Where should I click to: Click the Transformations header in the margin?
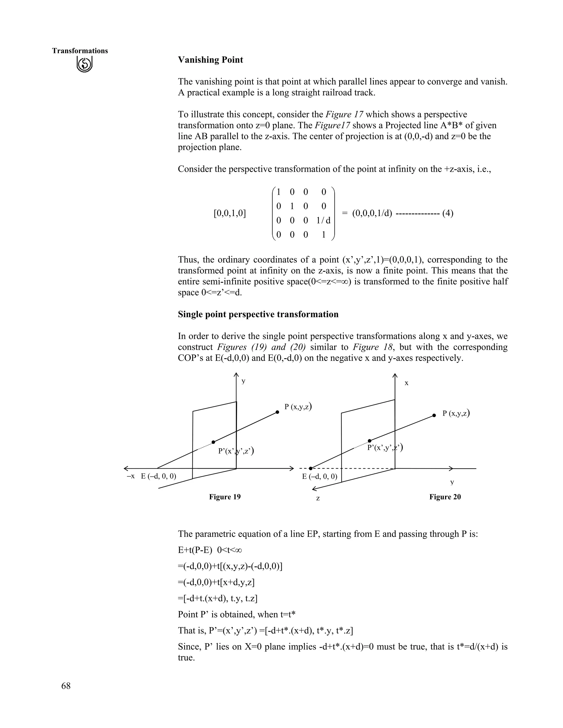point(80,51)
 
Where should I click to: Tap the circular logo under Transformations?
point(84,64)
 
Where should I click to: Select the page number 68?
point(66,686)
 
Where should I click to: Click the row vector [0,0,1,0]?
point(230,213)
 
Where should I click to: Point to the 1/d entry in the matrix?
point(323,220)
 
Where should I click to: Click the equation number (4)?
point(448,213)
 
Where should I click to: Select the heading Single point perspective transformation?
point(258,314)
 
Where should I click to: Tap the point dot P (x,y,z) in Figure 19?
point(277,412)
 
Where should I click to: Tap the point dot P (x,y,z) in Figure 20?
point(434,415)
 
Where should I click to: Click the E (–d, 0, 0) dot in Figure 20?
point(311,468)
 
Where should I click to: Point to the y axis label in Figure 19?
point(244,381)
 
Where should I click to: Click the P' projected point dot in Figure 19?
point(213,442)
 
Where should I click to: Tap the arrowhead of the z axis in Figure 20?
point(313,489)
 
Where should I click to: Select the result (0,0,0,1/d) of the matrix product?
point(372,213)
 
